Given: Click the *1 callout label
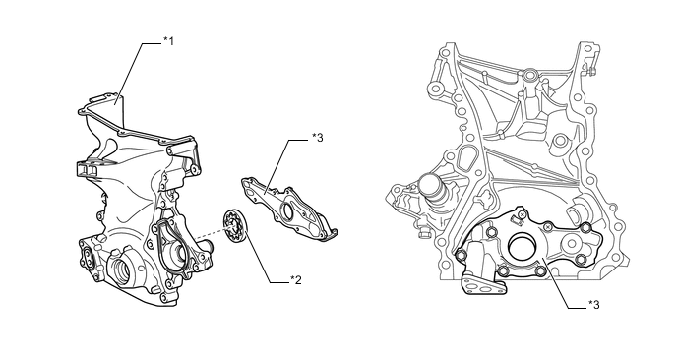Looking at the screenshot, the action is pyautogui.click(x=168, y=41).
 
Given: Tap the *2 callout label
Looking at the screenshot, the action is pyautogui.click(x=296, y=280).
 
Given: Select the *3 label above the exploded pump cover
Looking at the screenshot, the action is pyautogui.click(x=317, y=138).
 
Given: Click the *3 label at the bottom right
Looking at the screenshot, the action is pyautogui.click(x=593, y=305).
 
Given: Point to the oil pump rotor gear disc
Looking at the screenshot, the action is pyautogui.click(x=235, y=226).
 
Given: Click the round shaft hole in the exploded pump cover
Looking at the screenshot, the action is pyautogui.click(x=286, y=211).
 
